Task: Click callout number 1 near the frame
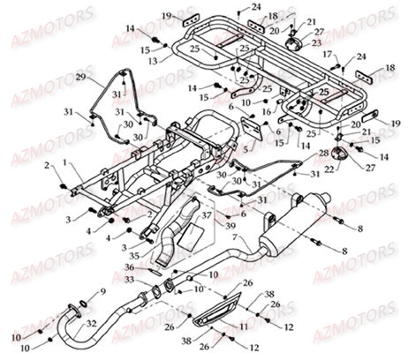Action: tap(68, 162)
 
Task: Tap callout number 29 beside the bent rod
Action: tap(81, 79)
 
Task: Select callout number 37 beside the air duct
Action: tap(205, 214)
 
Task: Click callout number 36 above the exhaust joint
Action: tap(128, 267)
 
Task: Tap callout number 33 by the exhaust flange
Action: tap(130, 280)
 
